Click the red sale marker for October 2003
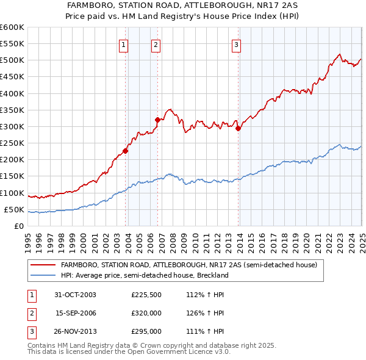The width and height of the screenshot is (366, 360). coord(126,151)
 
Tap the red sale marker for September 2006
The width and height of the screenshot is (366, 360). coord(157,120)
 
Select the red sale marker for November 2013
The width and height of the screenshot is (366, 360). coord(238,128)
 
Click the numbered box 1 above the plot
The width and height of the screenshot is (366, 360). coord(124,44)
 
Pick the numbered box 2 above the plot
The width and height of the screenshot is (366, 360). coord(156,44)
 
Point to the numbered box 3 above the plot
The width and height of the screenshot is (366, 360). coord(236,44)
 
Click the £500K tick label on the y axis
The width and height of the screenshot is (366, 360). coord(12,60)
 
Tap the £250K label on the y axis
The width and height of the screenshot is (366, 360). coord(12,143)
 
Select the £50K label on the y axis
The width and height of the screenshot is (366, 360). coord(14,210)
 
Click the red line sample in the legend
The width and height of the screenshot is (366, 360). coord(43,266)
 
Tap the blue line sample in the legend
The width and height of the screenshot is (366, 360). coord(43,275)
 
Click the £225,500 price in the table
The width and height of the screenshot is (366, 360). coord(146,295)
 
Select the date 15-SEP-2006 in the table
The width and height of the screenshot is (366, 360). coord(76,313)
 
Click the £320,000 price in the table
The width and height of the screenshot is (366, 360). coord(146,313)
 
